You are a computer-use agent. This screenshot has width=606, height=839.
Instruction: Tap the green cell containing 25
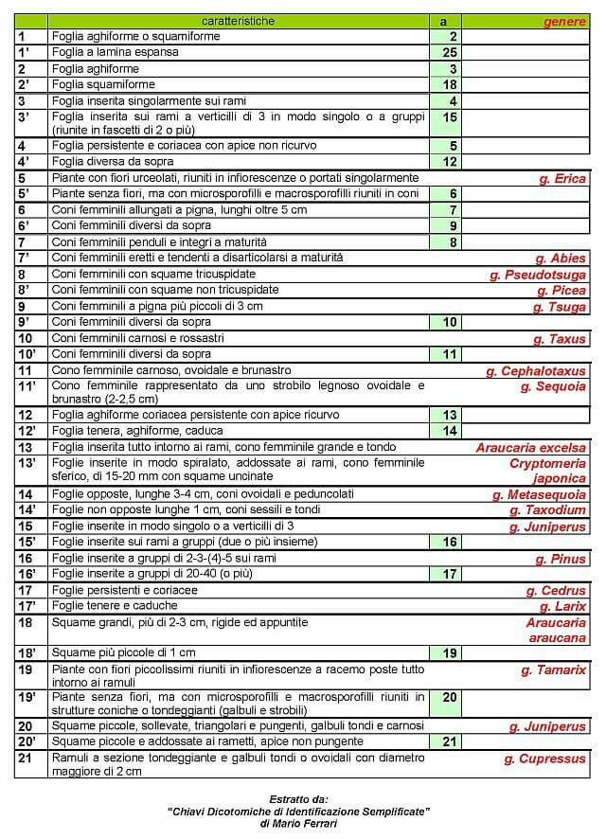(446, 52)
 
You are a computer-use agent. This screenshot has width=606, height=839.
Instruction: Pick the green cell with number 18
(446, 84)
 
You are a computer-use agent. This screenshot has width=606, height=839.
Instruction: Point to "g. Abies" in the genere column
(560, 258)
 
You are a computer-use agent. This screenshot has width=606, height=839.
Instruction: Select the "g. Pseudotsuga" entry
(538, 275)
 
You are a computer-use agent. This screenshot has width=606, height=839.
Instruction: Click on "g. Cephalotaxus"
(536, 371)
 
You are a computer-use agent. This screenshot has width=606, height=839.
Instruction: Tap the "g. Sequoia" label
(554, 386)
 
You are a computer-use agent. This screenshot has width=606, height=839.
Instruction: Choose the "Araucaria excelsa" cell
(530, 448)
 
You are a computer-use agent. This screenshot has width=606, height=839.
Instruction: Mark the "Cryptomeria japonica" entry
(547, 471)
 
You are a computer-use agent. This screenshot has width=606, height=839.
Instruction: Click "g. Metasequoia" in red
(539, 494)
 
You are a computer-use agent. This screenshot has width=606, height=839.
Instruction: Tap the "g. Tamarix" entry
(553, 670)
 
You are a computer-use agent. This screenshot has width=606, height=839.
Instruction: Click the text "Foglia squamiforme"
(103, 84)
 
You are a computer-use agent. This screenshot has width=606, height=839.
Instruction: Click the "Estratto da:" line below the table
(297, 798)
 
